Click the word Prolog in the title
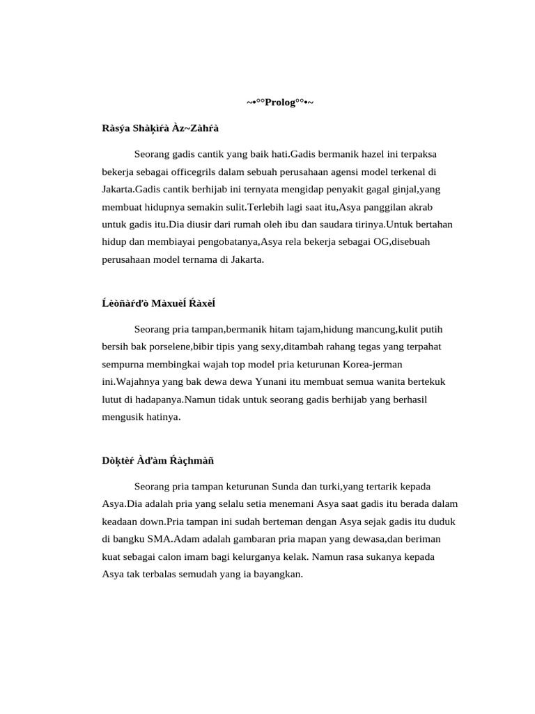[x=279, y=103]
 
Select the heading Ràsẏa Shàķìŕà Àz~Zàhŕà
[x=160, y=128]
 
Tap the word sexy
[x=268, y=347]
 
